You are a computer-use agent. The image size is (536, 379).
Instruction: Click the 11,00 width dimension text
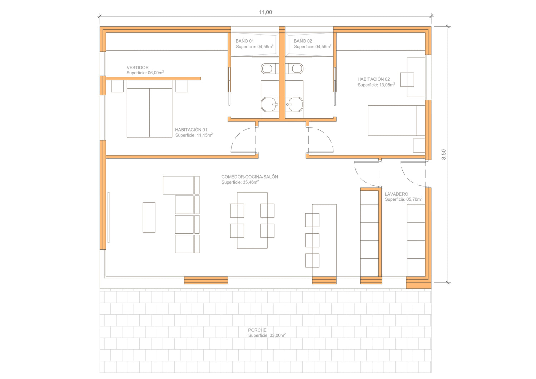tap(265, 12)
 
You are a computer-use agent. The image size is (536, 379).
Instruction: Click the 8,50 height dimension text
tap(443, 155)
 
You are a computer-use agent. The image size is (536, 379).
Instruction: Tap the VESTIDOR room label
tap(138, 68)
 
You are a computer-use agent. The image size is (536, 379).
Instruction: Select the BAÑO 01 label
tap(244, 41)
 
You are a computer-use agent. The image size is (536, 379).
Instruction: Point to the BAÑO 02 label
tap(303, 41)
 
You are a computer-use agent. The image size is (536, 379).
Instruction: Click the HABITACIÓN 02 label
tap(373, 79)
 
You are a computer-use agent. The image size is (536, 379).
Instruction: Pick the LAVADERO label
tap(396, 194)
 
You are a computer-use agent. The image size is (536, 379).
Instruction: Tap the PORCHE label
tap(257, 330)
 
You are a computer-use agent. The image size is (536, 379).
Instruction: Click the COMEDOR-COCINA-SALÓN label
tap(249, 177)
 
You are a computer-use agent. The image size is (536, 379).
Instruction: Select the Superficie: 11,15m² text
tap(194, 135)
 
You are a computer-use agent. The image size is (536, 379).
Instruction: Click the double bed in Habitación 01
tap(149, 109)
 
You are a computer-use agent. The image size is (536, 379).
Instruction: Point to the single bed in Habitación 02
tap(396, 121)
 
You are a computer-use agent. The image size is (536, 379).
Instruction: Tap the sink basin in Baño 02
tap(294, 104)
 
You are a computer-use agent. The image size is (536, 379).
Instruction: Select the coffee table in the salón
tap(149, 217)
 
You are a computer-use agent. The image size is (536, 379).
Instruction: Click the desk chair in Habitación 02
tap(407, 79)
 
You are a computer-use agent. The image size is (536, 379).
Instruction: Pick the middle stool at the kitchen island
tap(312, 240)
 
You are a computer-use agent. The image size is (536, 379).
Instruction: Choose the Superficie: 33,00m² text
tap(267, 335)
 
